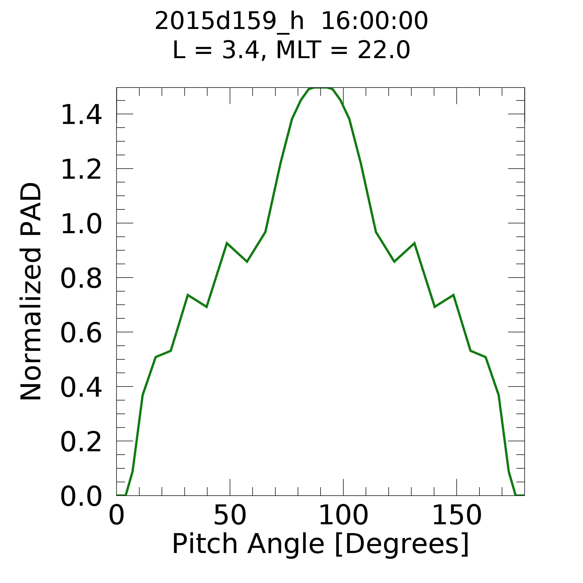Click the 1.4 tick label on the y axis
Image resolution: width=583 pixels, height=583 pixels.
pyautogui.click(x=81, y=114)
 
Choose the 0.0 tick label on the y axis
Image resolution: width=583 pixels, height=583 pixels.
pyautogui.click(x=81, y=496)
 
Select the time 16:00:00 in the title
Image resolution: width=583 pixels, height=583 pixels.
pyautogui.click(x=374, y=21)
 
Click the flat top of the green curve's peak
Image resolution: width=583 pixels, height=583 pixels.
pyautogui.click(x=320, y=88)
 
